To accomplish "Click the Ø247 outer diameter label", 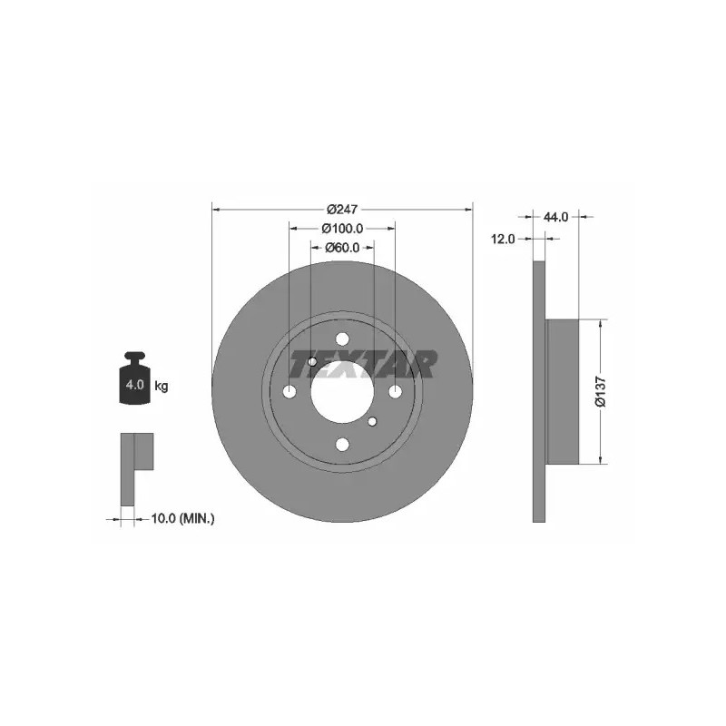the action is tap(342, 210).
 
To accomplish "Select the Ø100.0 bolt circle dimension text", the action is tap(342, 229).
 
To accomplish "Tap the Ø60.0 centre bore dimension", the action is tap(342, 248).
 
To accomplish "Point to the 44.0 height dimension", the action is tap(555, 217).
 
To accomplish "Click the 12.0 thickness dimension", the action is tap(503, 239).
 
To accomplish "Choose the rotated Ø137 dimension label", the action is tap(600, 391).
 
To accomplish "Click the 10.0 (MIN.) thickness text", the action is tap(183, 518).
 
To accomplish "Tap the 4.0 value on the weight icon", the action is tap(134, 384).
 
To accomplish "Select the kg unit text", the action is tap(162, 386).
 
